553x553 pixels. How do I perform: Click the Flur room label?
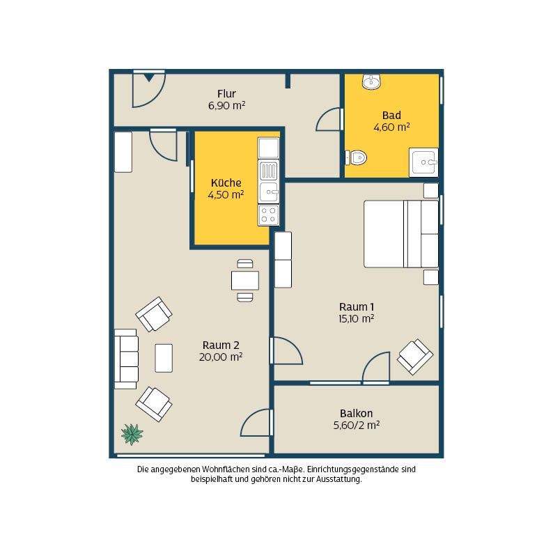point(226,94)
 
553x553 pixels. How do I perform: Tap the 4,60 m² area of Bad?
point(391,127)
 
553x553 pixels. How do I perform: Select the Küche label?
point(226,182)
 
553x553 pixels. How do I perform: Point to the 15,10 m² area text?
point(356,319)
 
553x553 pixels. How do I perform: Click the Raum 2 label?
point(221,345)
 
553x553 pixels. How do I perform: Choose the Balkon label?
point(356,413)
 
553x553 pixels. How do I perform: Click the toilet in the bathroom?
point(356,157)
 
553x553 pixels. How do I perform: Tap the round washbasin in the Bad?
point(371,81)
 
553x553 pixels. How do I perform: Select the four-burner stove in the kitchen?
point(268,215)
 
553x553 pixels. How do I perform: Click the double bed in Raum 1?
point(401,234)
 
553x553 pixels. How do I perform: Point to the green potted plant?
point(132,434)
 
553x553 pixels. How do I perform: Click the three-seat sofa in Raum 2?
point(126,359)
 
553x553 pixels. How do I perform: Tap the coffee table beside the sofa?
point(164,358)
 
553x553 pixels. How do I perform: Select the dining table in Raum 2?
point(245,281)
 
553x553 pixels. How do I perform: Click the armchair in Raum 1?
point(415,357)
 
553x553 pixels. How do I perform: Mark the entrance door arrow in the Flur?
point(149,77)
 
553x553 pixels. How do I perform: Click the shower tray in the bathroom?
point(423,162)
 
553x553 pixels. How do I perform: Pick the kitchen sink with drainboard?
point(268,182)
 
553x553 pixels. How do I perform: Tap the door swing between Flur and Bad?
point(329,119)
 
